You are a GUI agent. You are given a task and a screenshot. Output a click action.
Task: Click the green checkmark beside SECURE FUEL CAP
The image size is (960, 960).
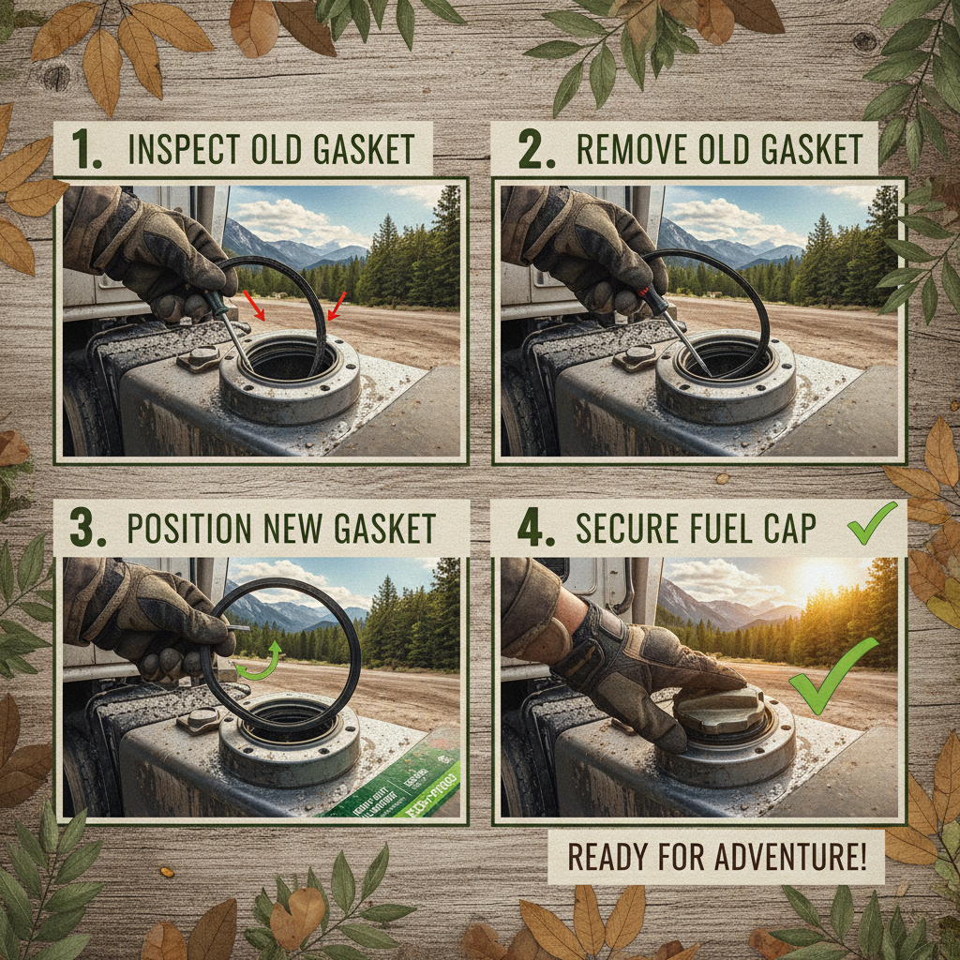(x=872, y=524)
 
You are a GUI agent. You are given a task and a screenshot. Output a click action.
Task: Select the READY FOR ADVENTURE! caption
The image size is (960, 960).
(x=715, y=856)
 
